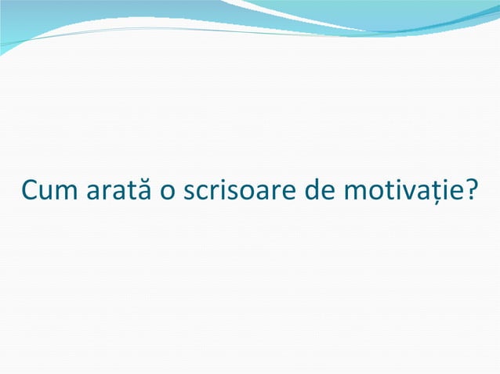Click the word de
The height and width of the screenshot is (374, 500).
(308, 190)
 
